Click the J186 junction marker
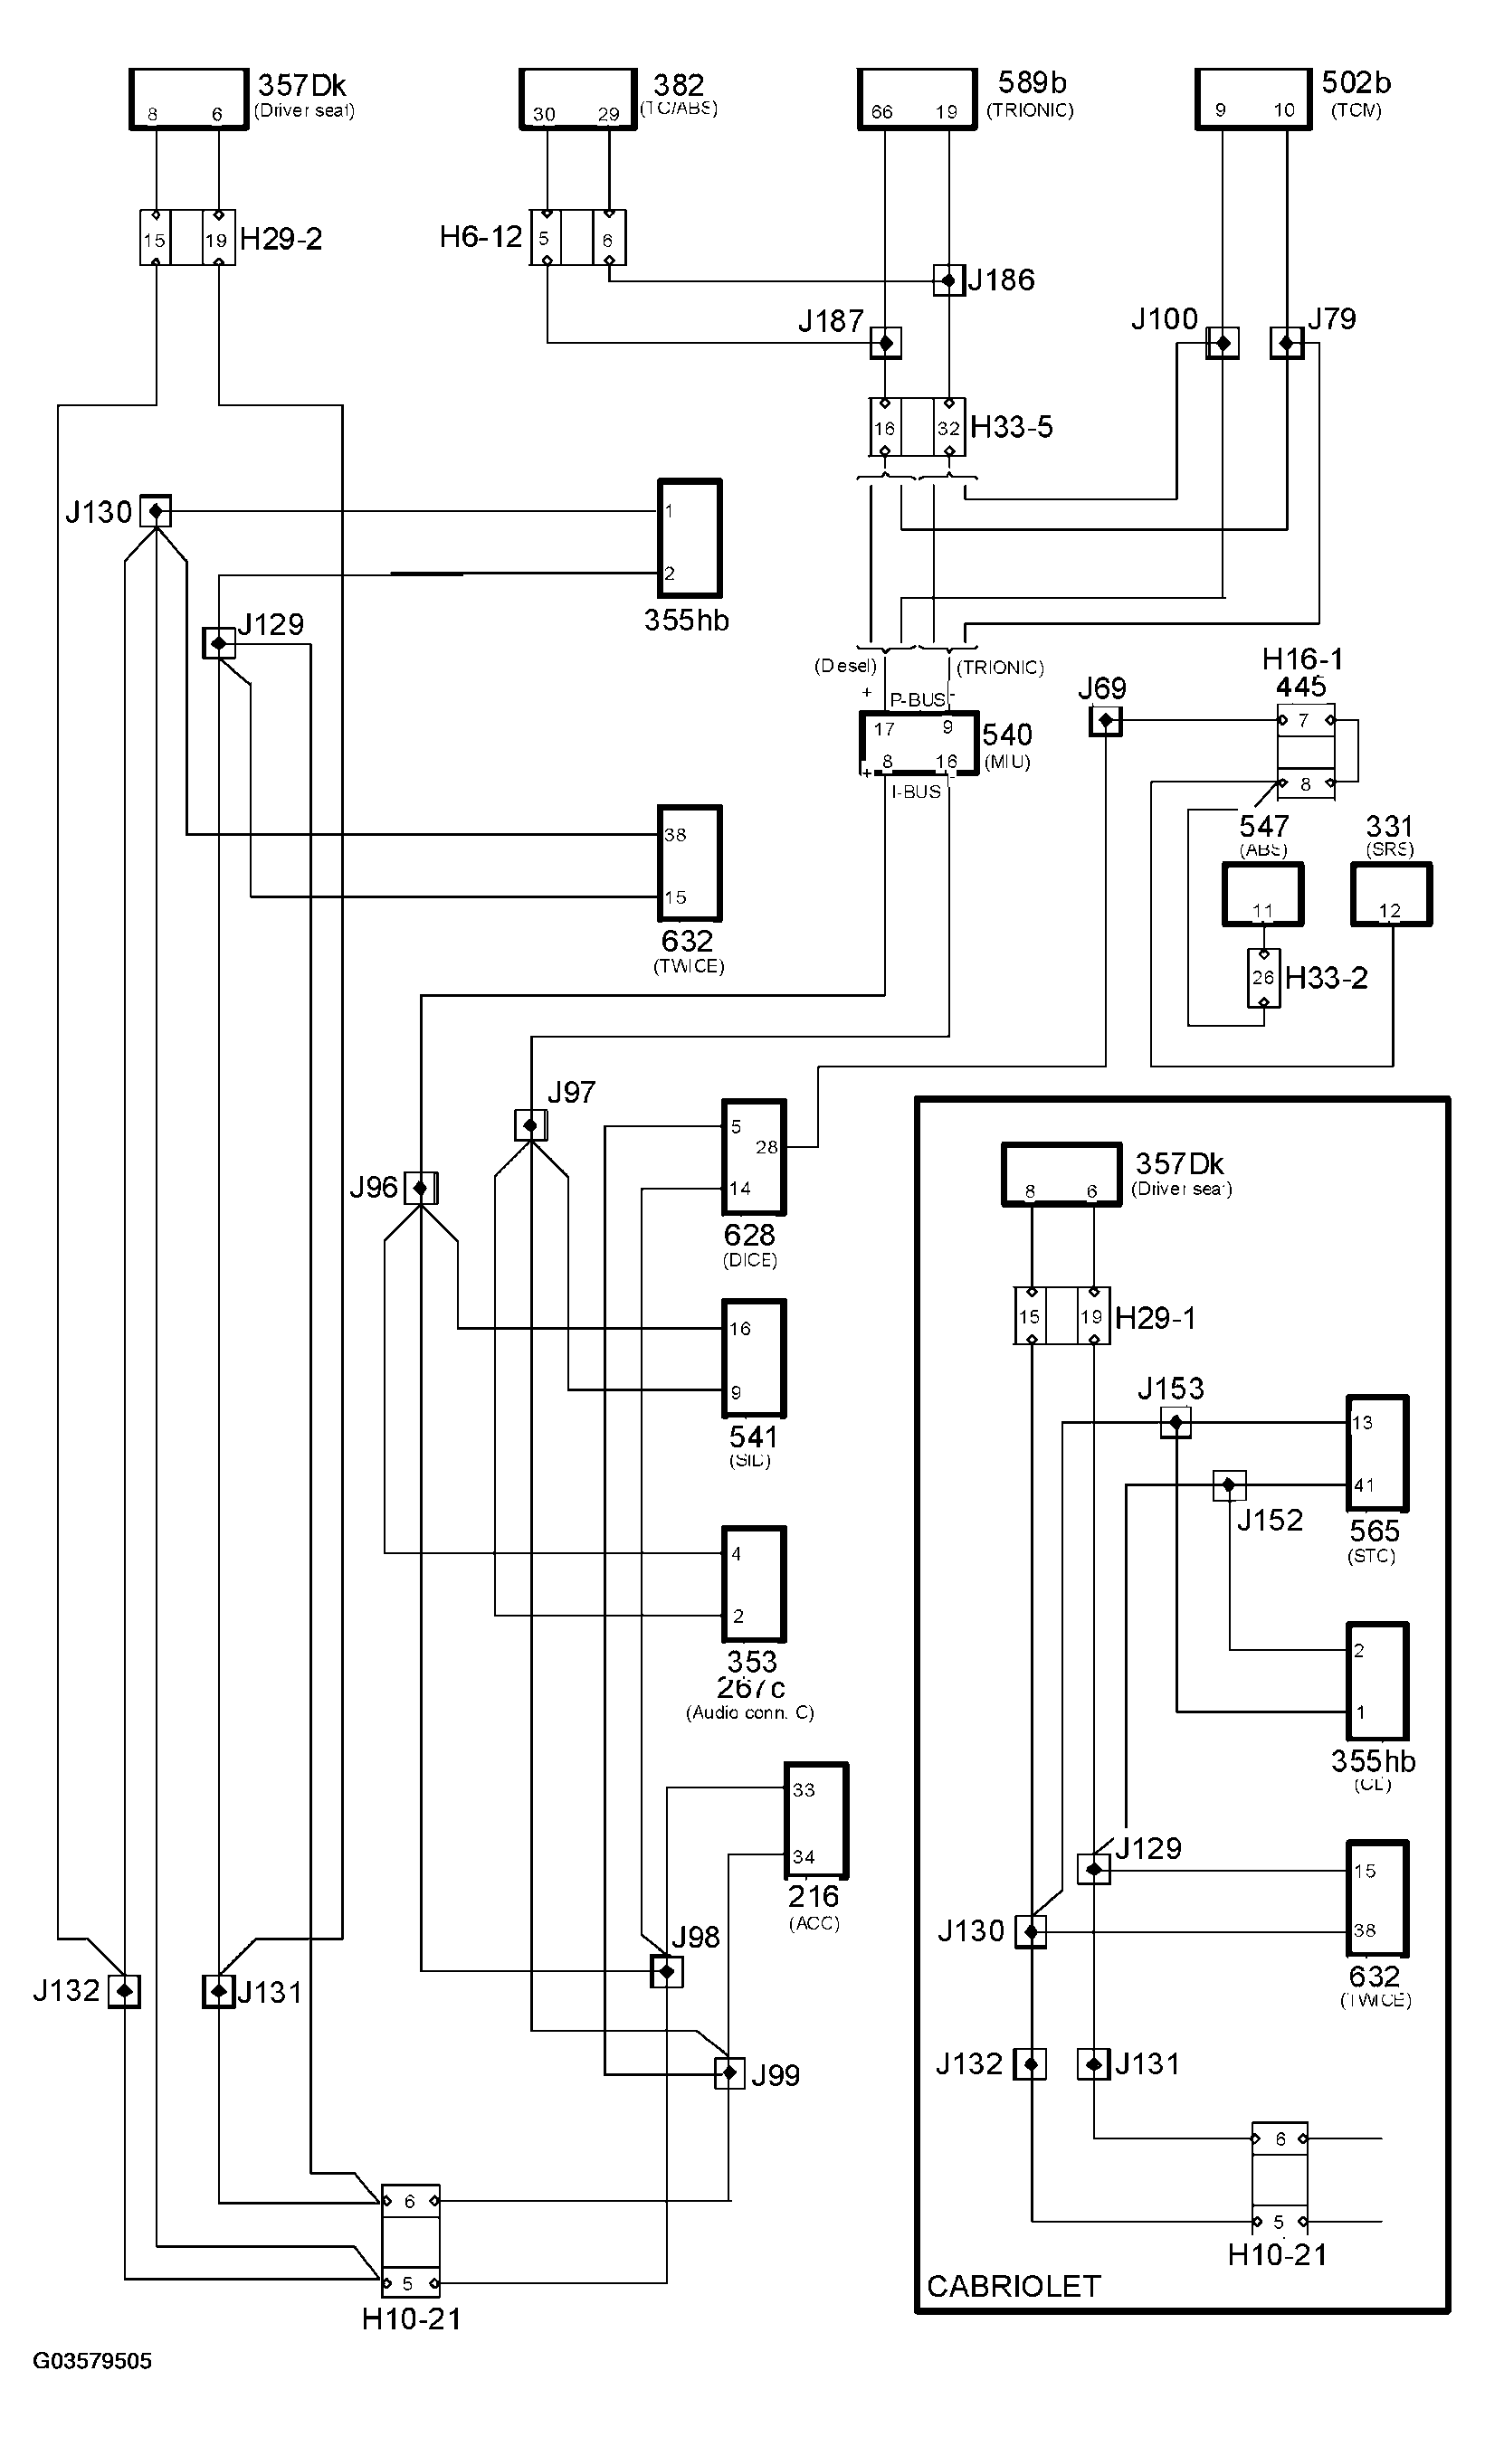(x=948, y=281)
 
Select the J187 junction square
(x=885, y=343)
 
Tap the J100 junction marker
(x=1222, y=343)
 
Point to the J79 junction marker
(x=1286, y=343)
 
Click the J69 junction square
(x=1105, y=721)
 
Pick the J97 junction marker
(x=530, y=1125)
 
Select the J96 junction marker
(x=421, y=1188)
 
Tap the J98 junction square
(x=667, y=1972)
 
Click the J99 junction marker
(x=729, y=2073)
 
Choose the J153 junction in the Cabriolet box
(x=1176, y=1423)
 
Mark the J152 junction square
(x=1229, y=1485)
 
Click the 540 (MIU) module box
(x=919, y=743)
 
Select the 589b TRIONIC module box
(x=917, y=99)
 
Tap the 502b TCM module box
(x=1253, y=99)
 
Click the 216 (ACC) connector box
(x=816, y=1821)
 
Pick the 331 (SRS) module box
(x=1391, y=894)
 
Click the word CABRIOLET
(x=1014, y=2287)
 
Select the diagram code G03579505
(x=93, y=2362)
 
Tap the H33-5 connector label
(x=1011, y=427)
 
